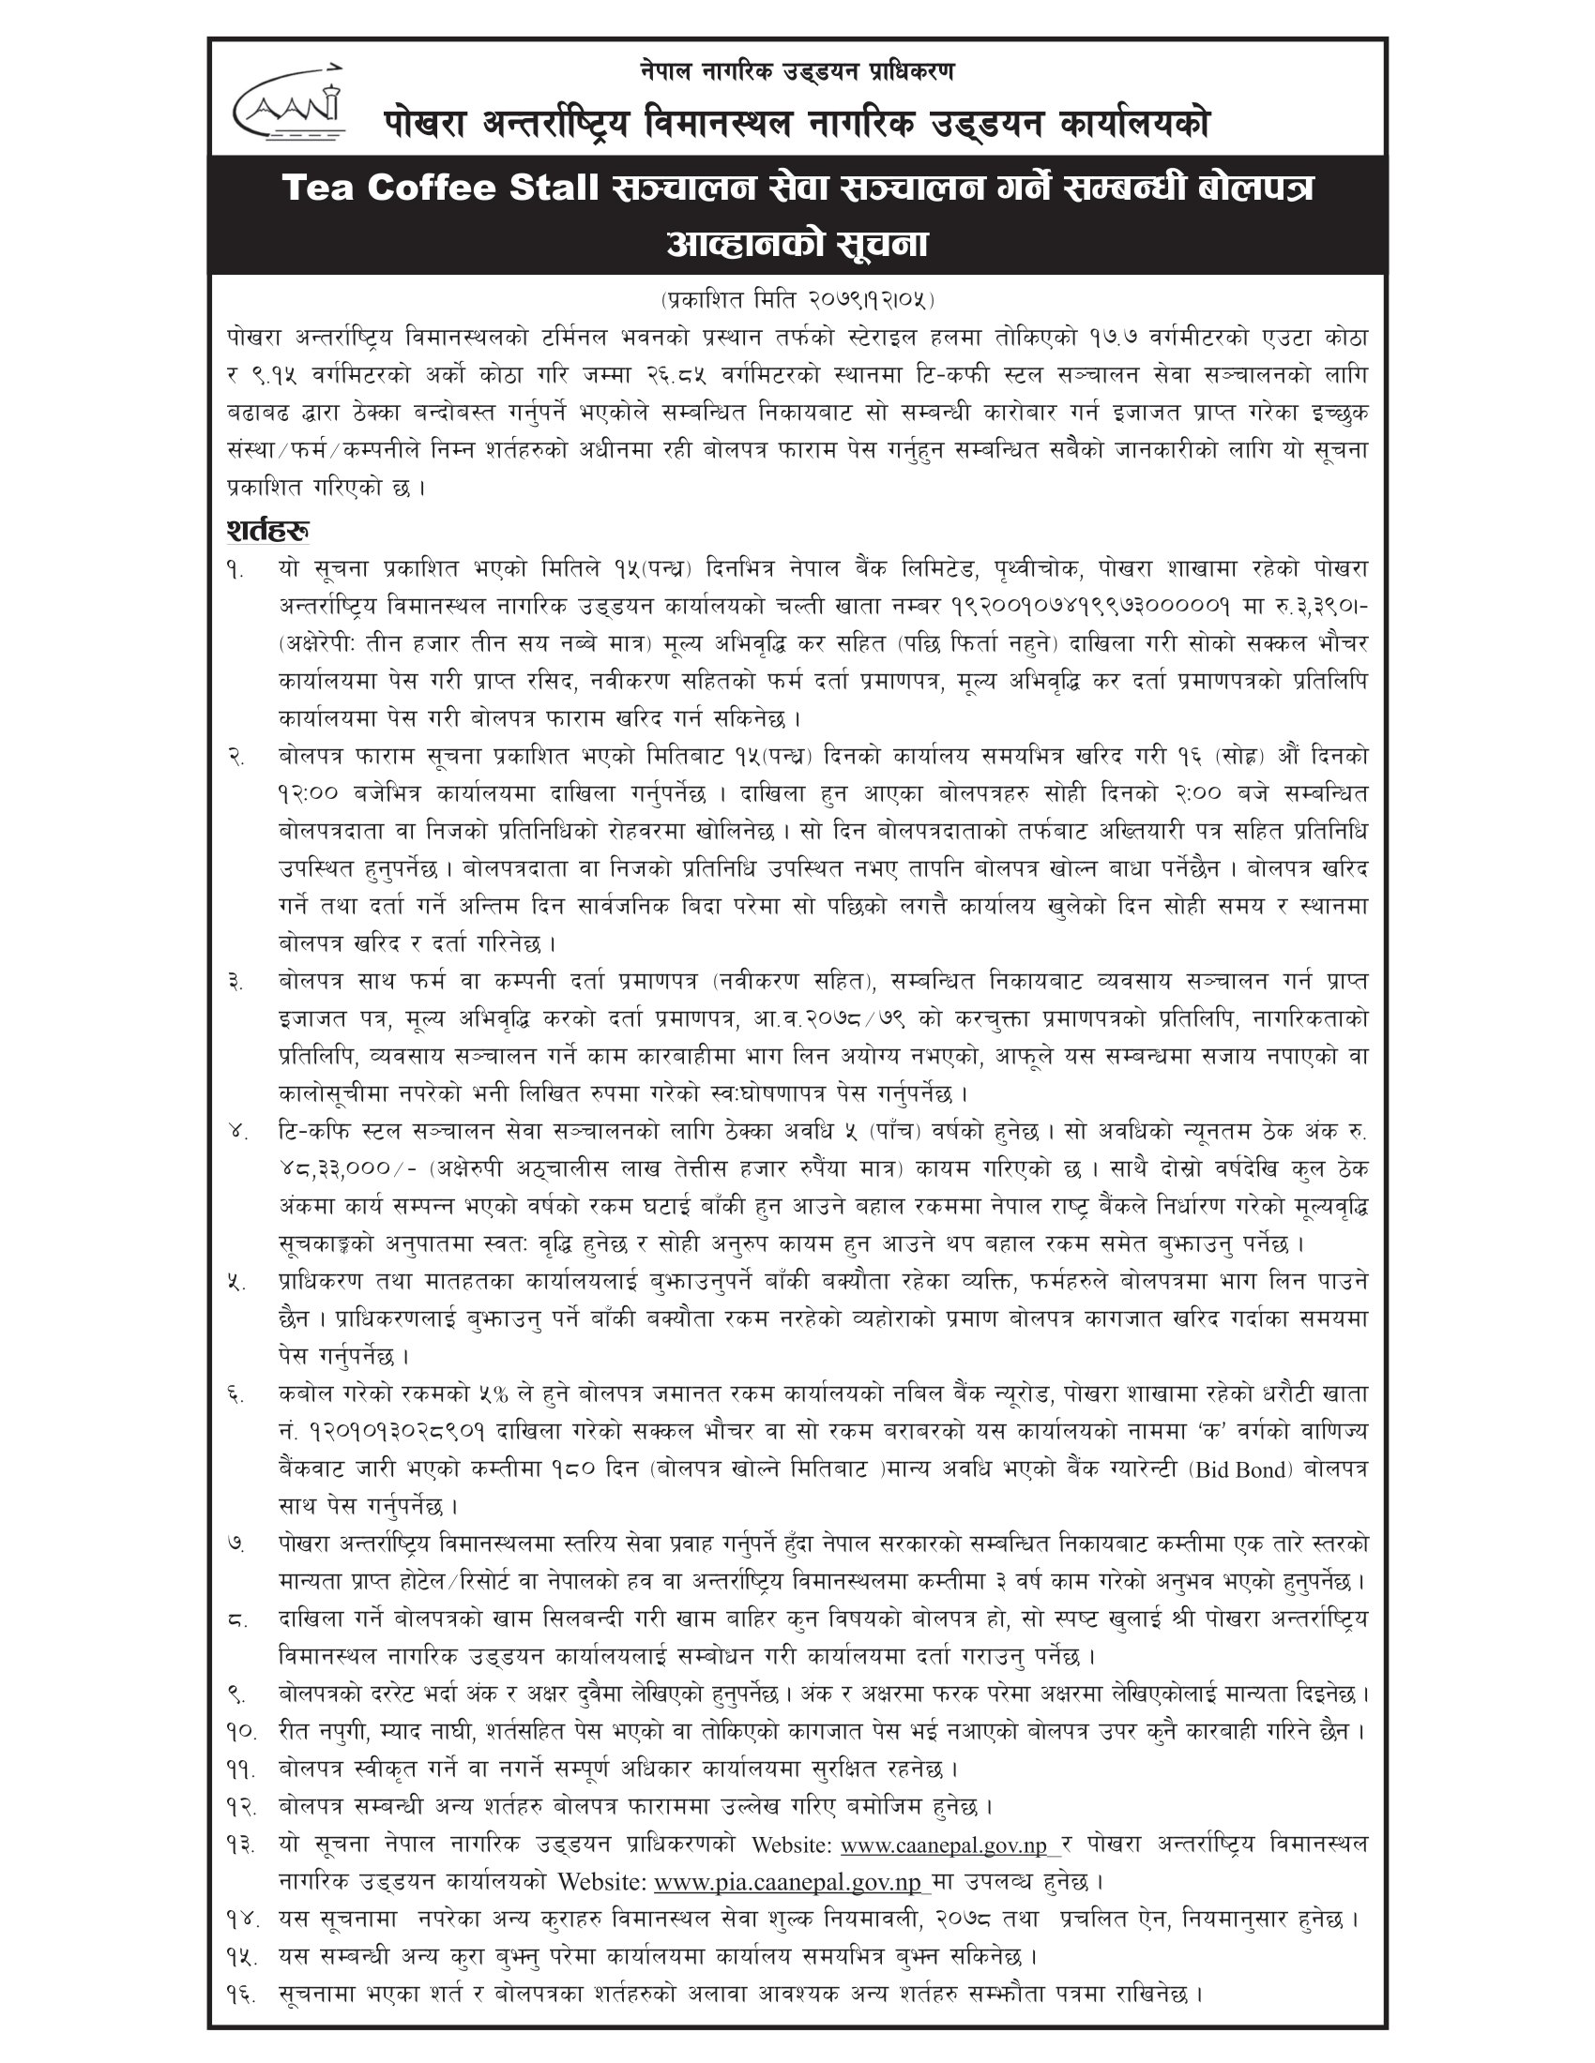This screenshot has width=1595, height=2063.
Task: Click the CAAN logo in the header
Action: [x=288, y=104]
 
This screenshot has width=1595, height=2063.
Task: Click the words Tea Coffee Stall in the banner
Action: [x=440, y=188]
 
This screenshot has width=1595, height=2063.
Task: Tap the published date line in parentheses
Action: [x=797, y=300]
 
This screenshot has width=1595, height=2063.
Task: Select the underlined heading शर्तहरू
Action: [x=268, y=530]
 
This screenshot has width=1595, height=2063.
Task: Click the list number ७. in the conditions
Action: [x=236, y=1544]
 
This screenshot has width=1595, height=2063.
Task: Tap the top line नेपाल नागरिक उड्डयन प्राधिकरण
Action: [x=797, y=70]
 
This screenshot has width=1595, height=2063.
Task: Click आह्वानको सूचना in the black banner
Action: [x=797, y=245]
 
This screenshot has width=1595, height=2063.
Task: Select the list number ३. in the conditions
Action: [x=236, y=982]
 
